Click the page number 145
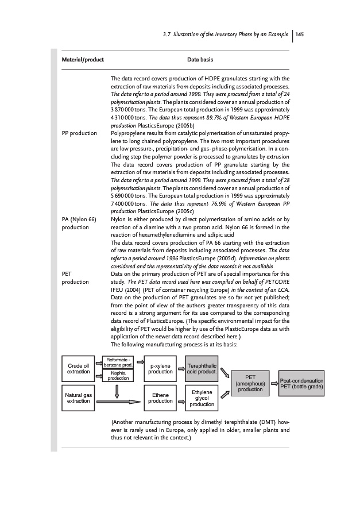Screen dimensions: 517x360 point(299,33)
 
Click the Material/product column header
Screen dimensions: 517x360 point(83,59)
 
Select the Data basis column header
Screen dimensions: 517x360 point(200,59)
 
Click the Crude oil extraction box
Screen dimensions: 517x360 point(79,368)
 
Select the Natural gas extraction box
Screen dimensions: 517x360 point(79,397)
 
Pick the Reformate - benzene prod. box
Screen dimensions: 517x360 point(118,361)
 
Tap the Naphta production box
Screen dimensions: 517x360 point(118,376)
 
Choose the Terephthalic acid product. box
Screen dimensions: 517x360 point(202,368)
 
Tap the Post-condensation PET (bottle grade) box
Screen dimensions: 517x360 point(301,383)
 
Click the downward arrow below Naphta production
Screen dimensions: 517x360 point(117,391)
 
